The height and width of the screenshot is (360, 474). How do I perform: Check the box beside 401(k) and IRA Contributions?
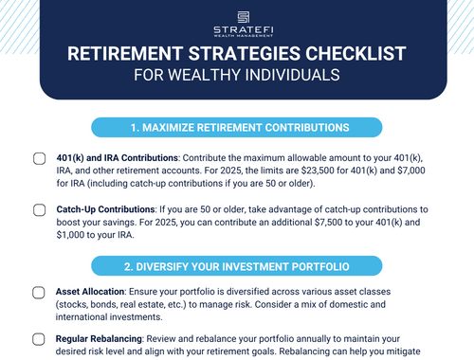pos(39,159)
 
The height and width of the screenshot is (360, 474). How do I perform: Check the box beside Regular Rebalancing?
pos(39,337)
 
